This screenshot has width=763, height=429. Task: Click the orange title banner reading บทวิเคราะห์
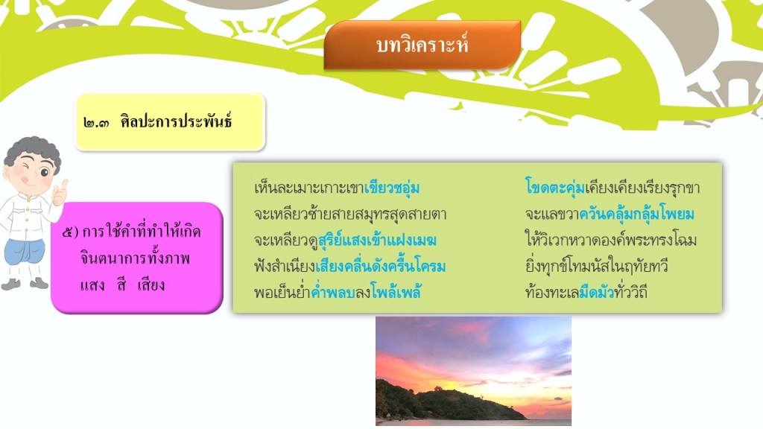click(x=422, y=45)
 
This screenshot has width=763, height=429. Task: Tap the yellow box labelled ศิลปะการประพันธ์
click(x=171, y=121)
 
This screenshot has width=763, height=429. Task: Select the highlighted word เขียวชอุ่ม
click(x=392, y=188)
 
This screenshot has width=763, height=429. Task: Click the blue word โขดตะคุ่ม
click(x=554, y=188)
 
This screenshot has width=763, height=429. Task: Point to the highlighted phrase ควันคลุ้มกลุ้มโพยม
click(x=636, y=214)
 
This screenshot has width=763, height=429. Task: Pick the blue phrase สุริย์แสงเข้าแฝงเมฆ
click(x=377, y=241)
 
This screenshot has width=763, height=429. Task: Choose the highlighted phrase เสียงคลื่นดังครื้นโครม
click(x=381, y=267)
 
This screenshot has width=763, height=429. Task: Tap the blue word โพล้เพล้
click(x=396, y=292)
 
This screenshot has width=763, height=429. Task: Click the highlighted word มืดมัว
click(x=596, y=292)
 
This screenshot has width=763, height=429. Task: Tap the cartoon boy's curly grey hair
click(x=33, y=151)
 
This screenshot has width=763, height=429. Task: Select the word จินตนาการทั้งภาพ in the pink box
click(x=135, y=258)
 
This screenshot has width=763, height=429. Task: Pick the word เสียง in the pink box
click(x=151, y=285)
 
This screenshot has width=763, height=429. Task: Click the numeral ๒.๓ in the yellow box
click(x=96, y=122)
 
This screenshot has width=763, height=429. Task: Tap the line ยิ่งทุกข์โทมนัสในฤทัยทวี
click(x=597, y=267)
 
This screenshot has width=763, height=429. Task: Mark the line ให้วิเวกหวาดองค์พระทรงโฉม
click(x=611, y=241)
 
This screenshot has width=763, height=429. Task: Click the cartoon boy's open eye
click(x=45, y=172)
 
